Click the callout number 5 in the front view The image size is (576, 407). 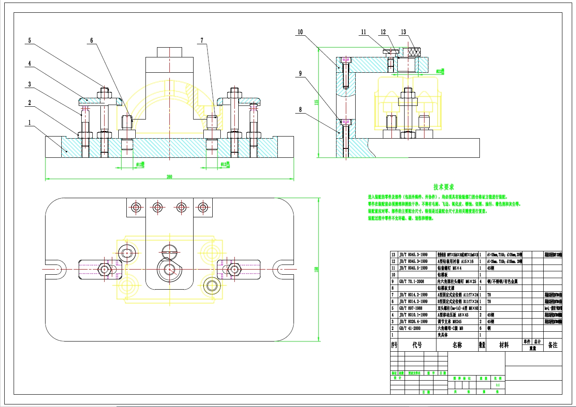click(29, 41)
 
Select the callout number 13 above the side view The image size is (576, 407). click(403, 32)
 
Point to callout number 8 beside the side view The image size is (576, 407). click(300, 110)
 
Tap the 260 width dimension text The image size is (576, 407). click(169, 176)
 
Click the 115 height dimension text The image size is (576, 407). click(316, 102)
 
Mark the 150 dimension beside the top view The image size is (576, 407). click(316, 269)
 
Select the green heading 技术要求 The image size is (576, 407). click(444, 187)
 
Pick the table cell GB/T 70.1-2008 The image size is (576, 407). click(411, 282)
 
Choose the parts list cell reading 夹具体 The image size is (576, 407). click(443, 335)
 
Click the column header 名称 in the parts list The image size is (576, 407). click(457, 345)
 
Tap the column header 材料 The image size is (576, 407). click(504, 345)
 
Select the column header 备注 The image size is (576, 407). click(553, 345)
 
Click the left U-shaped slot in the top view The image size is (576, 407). click(58, 269)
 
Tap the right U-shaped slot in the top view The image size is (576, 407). click(281, 269)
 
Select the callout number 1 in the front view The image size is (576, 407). click(29, 122)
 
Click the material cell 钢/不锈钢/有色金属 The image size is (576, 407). click(502, 282)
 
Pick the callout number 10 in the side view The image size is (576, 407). click(300, 32)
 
